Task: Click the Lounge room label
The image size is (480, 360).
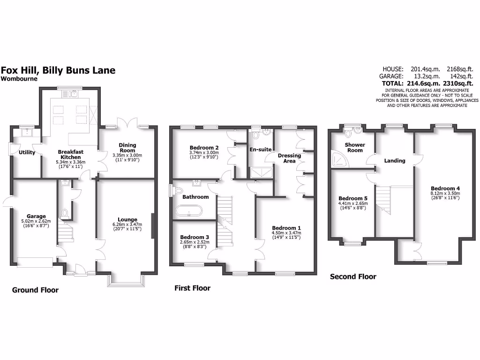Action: point(127,219)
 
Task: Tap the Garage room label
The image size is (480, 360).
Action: point(36,217)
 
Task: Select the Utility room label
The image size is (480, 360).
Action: point(27,152)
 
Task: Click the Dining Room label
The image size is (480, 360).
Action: point(127,148)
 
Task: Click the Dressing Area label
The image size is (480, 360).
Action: point(289,158)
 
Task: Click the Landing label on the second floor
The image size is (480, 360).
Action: point(394,161)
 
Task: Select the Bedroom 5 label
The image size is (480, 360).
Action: point(352,198)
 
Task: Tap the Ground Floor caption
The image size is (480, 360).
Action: point(35,290)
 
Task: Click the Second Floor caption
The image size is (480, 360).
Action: point(353,277)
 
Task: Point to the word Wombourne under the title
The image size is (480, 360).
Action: point(19,79)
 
